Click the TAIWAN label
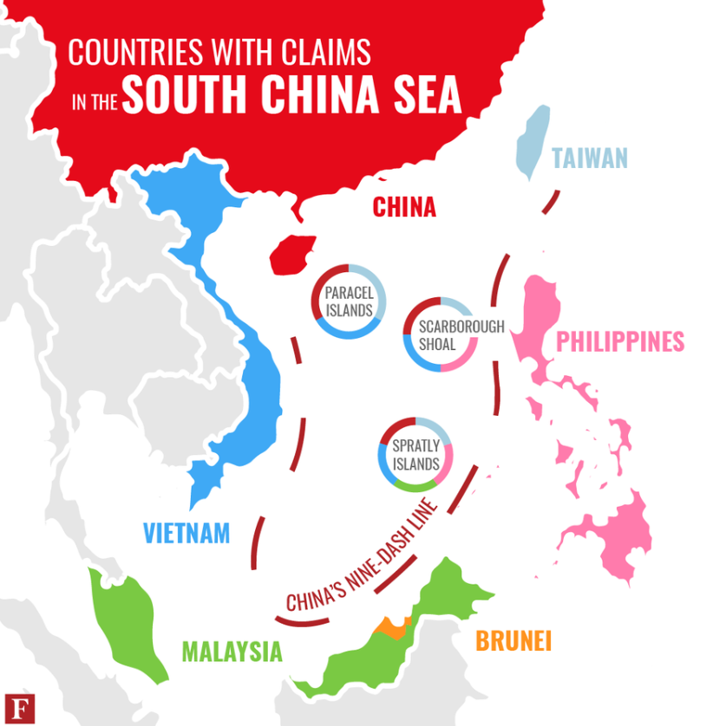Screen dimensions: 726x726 click(x=589, y=159)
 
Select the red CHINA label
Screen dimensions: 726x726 click(x=403, y=207)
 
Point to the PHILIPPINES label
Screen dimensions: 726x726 click(x=619, y=341)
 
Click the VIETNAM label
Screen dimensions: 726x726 click(x=186, y=531)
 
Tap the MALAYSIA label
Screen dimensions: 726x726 click(x=232, y=651)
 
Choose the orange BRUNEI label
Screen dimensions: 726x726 click(x=513, y=641)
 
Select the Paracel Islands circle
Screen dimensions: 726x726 click(x=348, y=301)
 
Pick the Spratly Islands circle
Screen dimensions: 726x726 click(x=415, y=455)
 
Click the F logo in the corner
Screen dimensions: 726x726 click(x=15, y=705)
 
